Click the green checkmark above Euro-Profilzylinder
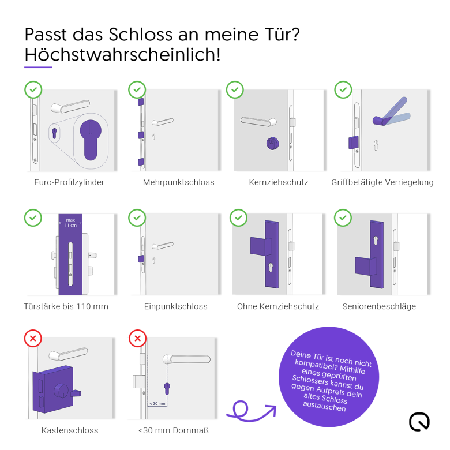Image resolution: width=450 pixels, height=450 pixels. [33, 90]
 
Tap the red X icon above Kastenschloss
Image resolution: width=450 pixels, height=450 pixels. [33, 338]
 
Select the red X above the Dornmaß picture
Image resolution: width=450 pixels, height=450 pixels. [138, 338]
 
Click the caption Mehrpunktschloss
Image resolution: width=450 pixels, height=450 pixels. [178, 182]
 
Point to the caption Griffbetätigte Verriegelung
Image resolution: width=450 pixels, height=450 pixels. [382, 182]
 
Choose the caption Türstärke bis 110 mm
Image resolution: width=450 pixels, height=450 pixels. [66, 306]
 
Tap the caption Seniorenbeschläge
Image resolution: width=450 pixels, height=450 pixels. [379, 306]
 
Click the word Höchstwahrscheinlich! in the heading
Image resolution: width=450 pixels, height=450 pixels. [122, 54]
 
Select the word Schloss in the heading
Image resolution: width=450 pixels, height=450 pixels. [141, 35]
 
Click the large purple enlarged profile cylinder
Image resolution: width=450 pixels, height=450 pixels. [91, 140]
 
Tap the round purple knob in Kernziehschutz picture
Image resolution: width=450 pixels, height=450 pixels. [272, 144]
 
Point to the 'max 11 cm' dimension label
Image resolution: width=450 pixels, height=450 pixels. [70, 223]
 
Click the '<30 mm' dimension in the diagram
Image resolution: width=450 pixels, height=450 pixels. [157, 403]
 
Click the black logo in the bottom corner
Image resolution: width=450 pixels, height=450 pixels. [419, 422]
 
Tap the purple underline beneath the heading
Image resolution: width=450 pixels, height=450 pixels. [39, 67]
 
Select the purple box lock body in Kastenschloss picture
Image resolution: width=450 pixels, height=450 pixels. [54, 389]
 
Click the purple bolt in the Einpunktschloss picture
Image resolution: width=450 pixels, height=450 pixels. [141, 259]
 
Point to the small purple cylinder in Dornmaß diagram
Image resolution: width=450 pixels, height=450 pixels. [167, 388]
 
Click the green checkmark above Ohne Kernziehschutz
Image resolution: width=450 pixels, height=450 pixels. [238, 218]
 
